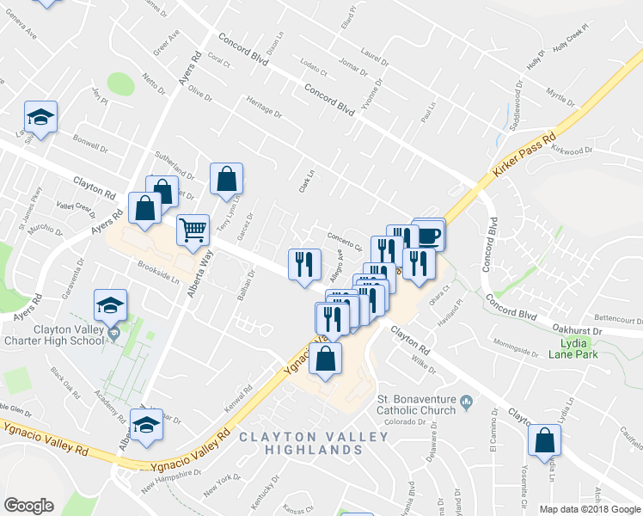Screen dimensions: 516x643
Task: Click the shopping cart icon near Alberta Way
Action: point(193,230)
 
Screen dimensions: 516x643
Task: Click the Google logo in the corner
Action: point(28,506)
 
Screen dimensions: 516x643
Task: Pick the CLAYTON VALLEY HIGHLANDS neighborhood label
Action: point(314,443)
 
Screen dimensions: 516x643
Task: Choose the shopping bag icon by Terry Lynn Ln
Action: point(226,179)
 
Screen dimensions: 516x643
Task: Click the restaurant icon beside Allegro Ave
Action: point(303,264)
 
